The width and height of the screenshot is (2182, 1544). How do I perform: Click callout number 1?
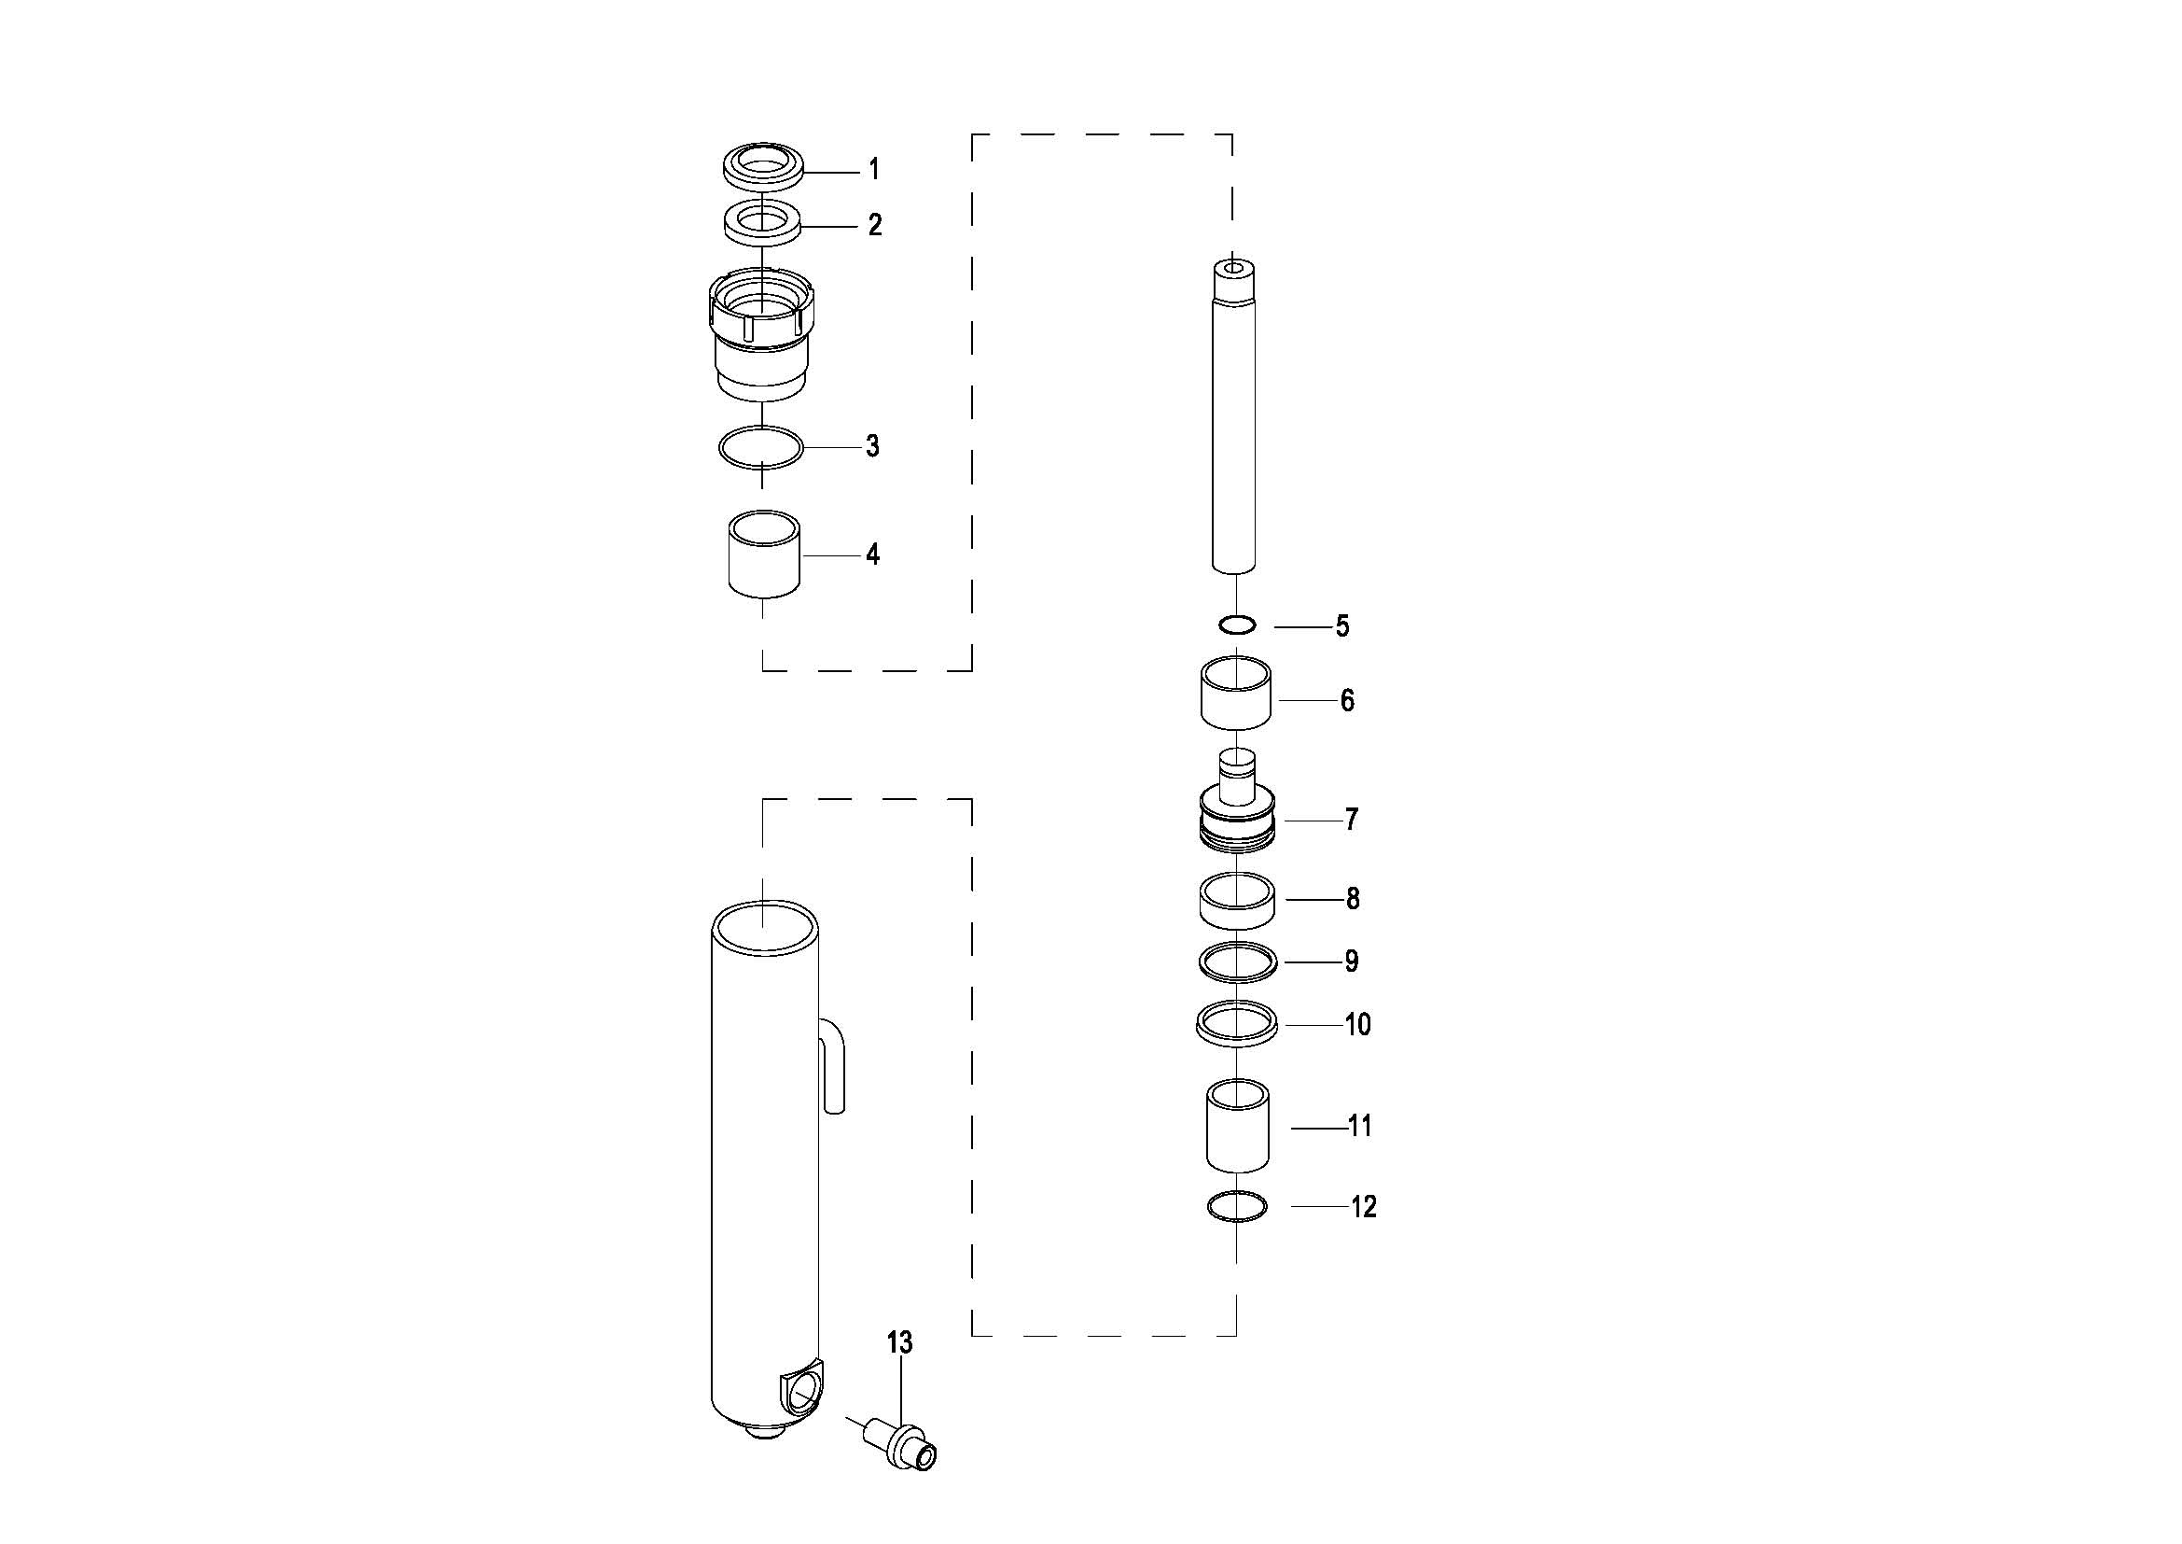(x=874, y=170)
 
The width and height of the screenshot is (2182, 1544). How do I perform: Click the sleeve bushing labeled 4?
(x=763, y=554)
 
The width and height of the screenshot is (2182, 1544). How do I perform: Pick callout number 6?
(x=1348, y=701)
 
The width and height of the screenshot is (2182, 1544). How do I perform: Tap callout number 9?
(x=1352, y=961)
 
